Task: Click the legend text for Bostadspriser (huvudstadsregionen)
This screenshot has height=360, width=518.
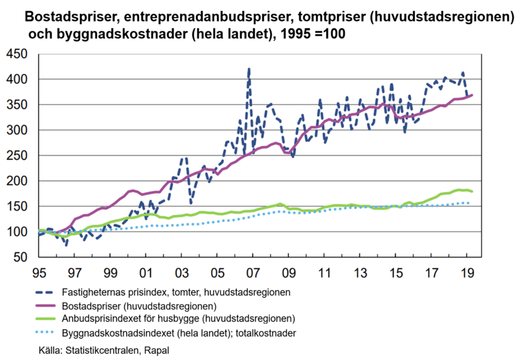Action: coord(139,306)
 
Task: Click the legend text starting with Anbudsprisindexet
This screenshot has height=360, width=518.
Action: coord(179,319)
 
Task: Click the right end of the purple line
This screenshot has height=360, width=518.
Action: coord(472,95)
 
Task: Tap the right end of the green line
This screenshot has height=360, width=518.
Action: coord(472,191)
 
